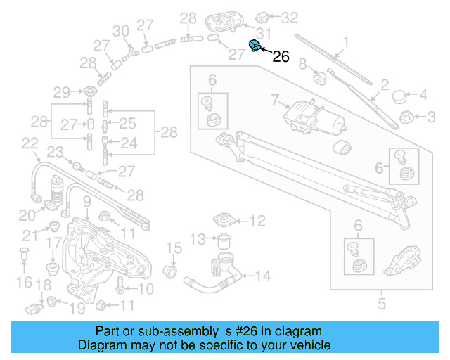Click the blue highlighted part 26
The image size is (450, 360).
pos(256,46)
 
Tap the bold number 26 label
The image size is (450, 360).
pos(281,57)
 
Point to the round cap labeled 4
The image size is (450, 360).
pos(400,95)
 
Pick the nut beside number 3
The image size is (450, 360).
pos(406,116)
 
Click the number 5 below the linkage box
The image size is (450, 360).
pos(382,304)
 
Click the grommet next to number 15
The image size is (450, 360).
pos(170,271)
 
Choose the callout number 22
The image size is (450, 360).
pos(30,143)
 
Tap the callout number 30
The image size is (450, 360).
pos(120,30)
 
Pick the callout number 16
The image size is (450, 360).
pos(25,282)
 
